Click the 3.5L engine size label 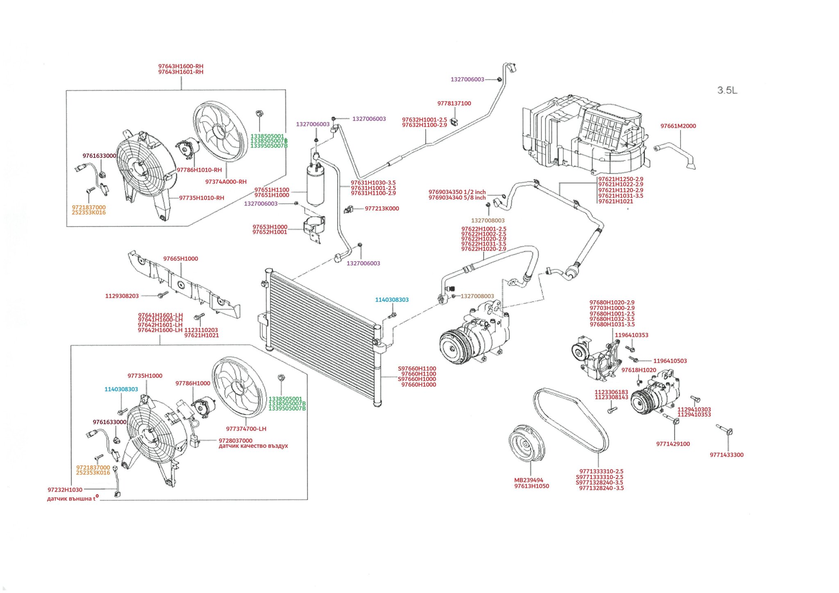[x=727, y=91]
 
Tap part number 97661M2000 [x=678, y=126]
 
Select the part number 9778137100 [x=454, y=104]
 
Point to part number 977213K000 [x=382, y=208]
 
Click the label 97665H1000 [x=181, y=259]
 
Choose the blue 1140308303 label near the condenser [x=392, y=300]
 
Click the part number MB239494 [x=528, y=480]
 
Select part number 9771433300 [x=726, y=455]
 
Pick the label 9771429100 [x=673, y=444]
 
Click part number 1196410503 [x=670, y=361]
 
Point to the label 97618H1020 [x=639, y=370]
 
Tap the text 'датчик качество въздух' [x=253, y=446]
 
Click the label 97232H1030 [x=65, y=490]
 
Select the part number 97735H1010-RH [x=202, y=198]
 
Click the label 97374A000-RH [x=226, y=182]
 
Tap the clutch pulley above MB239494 [x=526, y=444]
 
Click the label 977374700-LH [x=246, y=429]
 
